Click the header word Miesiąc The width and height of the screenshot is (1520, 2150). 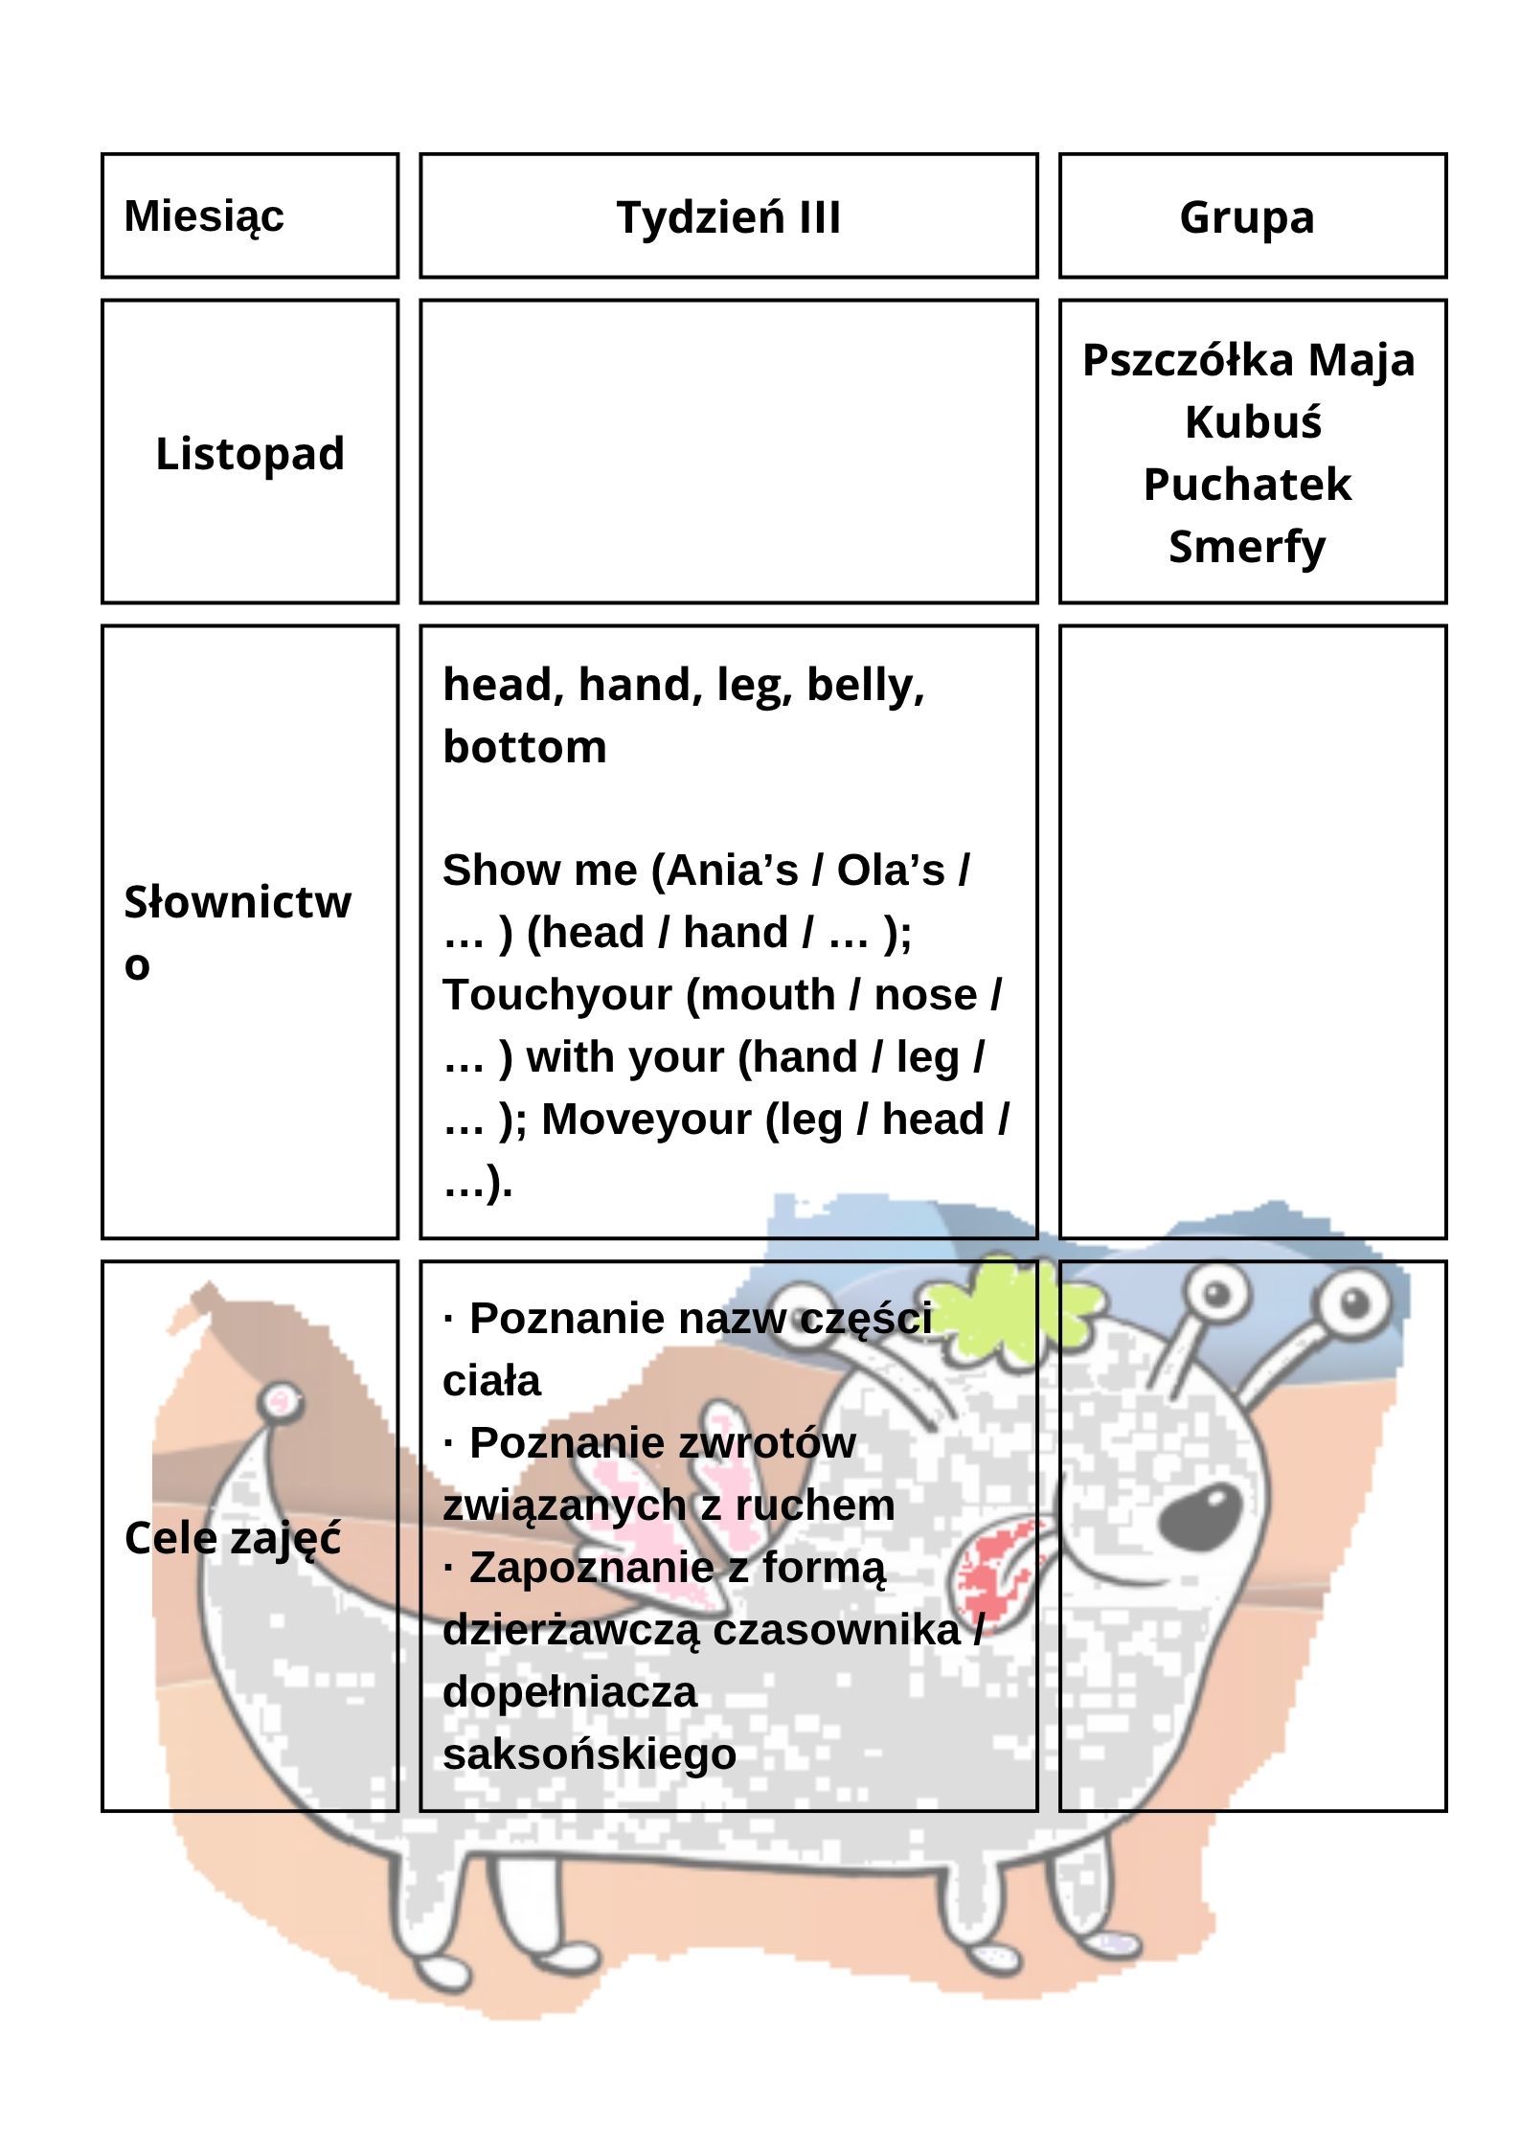tap(204, 216)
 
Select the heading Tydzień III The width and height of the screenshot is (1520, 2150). tap(728, 217)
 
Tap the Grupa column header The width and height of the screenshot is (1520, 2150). tap(1247, 217)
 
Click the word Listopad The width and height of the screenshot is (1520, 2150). tap(250, 454)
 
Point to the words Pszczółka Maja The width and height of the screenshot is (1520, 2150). tap(1248, 361)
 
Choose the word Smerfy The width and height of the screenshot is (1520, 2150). tap(1247, 548)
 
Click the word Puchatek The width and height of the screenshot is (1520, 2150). tap(1247, 485)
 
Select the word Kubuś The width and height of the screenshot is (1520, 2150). tap(1253, 422)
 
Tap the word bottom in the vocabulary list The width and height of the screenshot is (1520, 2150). tap(525, 748)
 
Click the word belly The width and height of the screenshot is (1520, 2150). tap(865, 686)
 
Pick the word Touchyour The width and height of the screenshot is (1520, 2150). tap(556, 995)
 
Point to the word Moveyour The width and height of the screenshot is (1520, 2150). tap(646, 1120)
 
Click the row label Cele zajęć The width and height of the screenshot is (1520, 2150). tap(233, 1539)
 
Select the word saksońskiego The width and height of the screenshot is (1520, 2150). tap(589, 1754)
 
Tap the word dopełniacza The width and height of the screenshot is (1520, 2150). tap(569, 1691)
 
